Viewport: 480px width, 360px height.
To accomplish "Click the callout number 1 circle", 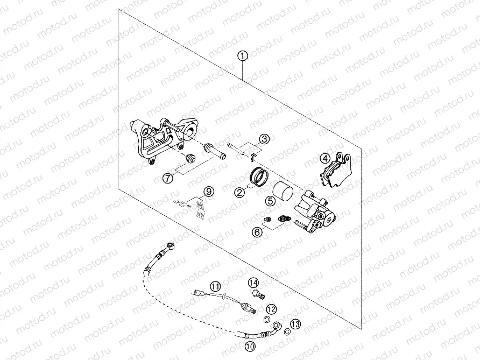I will click(x=243, y=55).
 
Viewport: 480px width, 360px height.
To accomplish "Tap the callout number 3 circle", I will click(x=263, y=139).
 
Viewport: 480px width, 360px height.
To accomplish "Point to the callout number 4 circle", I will click(x=324, y=158).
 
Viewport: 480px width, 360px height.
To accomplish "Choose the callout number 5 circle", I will click(x=270, y=201).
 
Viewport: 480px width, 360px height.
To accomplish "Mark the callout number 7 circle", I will click(x=168, y=177).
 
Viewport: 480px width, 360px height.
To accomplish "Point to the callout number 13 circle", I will click(x=295, y=323).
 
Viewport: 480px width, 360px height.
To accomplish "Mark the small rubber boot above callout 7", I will click(x=189, y=159).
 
